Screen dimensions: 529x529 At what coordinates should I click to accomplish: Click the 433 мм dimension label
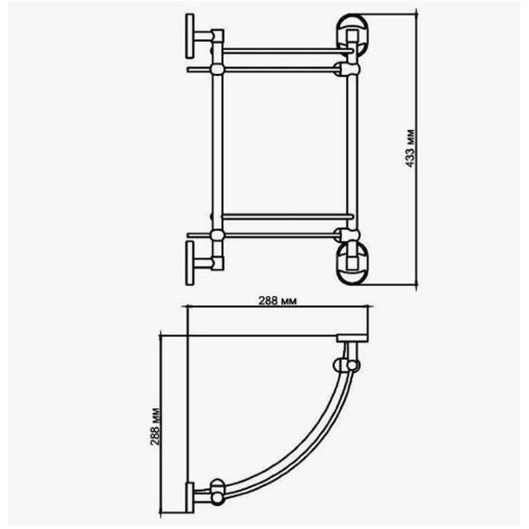click(x=409, y=149)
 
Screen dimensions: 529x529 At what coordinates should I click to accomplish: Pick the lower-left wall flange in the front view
click(x=190, y=262)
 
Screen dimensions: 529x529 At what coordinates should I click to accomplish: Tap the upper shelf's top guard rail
click(x=284, y=50)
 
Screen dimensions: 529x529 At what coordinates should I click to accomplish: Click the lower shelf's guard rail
click(x=284, y=216)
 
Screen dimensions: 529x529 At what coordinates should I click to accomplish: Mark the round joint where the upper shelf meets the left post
click(x=217, y=69)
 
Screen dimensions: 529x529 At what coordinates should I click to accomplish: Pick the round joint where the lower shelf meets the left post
click(x=217, y=234)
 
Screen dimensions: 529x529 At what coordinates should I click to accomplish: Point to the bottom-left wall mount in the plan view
click(x=190, y=497)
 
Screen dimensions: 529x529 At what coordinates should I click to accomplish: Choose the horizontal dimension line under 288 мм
click(x=277, y=307)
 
